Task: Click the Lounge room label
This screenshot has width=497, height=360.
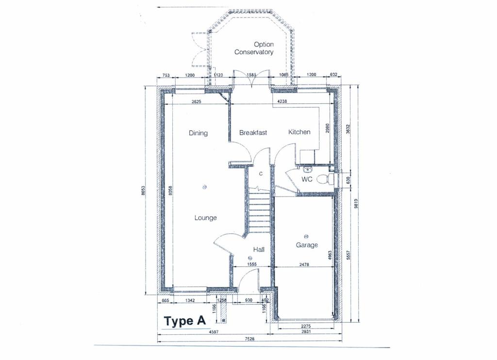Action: (x=205, y=218)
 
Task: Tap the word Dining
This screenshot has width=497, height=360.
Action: (x=198, y=133)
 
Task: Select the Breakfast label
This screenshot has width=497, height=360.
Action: (x=253, y=132)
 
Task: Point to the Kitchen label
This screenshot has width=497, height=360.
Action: (x=299, y=132)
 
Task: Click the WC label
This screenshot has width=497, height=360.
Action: (x=307, y=180)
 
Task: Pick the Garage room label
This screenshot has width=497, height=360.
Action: (x=307, y=245)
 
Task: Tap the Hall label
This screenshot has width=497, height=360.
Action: (x=259, y=249)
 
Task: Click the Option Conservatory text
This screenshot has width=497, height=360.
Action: (x=254, y=48)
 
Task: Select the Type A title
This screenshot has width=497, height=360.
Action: (x=185, y=321)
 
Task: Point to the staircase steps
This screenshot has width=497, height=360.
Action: (x=260, y=211)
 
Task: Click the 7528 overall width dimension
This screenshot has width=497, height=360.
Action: (x=249, y=339)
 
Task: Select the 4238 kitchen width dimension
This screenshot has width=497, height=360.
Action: (x=282, y=101)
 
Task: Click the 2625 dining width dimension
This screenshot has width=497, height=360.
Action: (x=197, y=101)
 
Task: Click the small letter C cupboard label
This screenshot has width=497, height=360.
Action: (x=261, y=173)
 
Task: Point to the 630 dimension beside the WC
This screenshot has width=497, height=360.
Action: (x=347, y=179)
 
